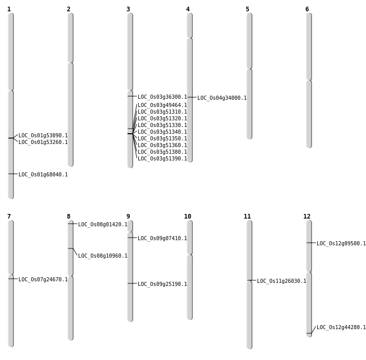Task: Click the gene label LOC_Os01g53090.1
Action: [43, 135]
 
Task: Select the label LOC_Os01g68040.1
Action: [43, 174]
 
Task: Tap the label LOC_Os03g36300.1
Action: [162, 97]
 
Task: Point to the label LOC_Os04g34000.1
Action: [222, 98]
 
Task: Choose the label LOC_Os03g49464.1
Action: [162, 105]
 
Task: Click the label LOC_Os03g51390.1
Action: [162, 158]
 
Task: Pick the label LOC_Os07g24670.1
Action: [43, 279]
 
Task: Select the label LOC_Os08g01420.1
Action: [103, 224]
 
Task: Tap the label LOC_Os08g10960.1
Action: [103, 256]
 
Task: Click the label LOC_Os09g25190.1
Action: [162, 284]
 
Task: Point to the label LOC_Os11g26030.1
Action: [282, 281]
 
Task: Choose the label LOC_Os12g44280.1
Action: [341, 327]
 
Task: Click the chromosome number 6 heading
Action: [307, 9]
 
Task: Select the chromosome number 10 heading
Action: [188, 217]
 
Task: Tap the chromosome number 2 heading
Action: [69, 9]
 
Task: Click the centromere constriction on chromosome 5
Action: [249, 69]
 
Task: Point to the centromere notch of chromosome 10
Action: [190, 254]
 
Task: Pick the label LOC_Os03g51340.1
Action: [162, 132]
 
